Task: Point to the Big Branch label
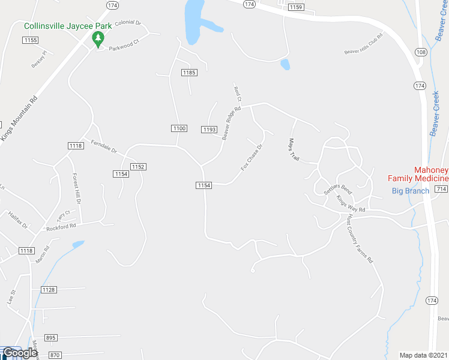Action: pyautogui.click(x=411, y=191)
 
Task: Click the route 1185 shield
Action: pyautogui.click(x=189, y=73)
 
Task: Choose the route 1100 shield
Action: pyautogui.click(x=179, y=128)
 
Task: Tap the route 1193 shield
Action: pyautogui.click(x=209, y=130)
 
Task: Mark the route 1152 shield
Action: pyautogui.click(x=138, y=166)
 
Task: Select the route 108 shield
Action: pyautogui.click(x=421, y=53)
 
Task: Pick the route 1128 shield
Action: pyautogui.click(x=49, y=290)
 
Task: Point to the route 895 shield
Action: pyautogui.click(x=50, y=338)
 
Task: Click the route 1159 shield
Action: pyautogui.click(x=295, y=7)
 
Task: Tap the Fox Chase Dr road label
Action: pyautogui.click(x=252, y=157)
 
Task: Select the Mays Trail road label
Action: pyautogui.click(x=294, y=149)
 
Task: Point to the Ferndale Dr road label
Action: pyautogui.click(x=104, y=146)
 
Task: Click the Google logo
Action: pyautogui.click(x=19, y=353)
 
